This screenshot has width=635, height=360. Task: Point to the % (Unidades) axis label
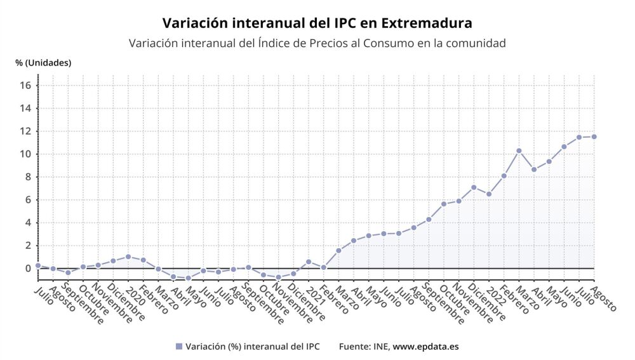[x=43, y=63]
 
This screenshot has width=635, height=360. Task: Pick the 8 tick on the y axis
[x=29, y=177]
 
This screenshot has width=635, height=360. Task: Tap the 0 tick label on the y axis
[x=29, y=269]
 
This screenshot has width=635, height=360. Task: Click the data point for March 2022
[x=519, y=150]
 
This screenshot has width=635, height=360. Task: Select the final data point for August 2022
[x=594, y=137]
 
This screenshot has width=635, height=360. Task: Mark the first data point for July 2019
[x=38, y=265]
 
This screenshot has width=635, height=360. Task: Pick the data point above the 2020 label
[x=128, y=257]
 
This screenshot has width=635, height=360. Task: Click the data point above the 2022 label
[x=488, y=194]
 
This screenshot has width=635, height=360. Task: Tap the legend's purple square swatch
[x=178, y=347]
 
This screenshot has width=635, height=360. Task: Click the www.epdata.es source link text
[x=425, y=347]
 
